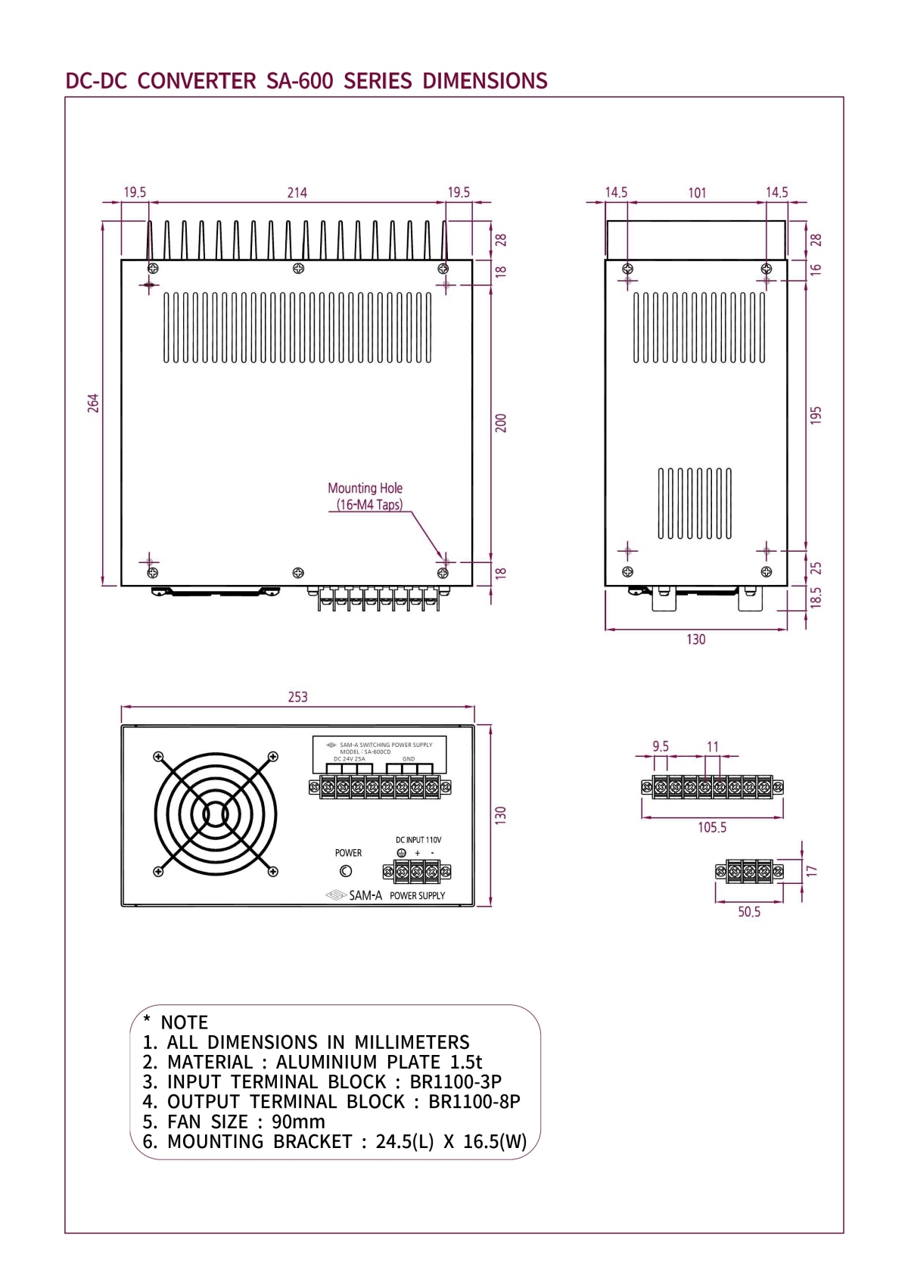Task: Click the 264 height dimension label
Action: [93, 403]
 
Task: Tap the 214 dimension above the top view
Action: [297, 193]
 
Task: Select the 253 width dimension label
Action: [297, 697]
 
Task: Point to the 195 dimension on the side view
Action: [816, 415]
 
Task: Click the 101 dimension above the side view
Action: [697, 193]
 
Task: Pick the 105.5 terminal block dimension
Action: [712, 827]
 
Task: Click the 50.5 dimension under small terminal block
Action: [749, 912]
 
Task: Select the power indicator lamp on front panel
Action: [346, 871]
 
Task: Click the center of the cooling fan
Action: [216, 814]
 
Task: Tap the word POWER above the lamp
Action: [348, 853]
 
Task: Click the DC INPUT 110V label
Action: [418, 840]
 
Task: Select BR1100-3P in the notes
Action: [456, 1082]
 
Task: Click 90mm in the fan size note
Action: [298, 1122]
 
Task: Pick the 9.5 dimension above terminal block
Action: [661, 747]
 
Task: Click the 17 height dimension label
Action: [812, 871]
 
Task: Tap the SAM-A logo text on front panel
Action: [365, 895]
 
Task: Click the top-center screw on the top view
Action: [298, 269]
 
